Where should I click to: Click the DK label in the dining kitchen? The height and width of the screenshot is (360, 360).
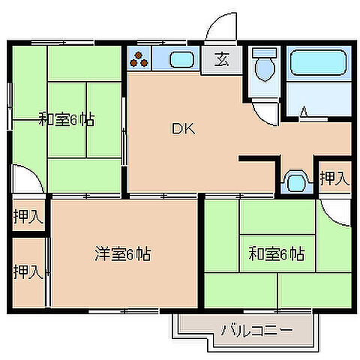pyautogui.click(x=184, y=129)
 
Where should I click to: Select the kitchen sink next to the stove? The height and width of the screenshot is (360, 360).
pyautogui.click(x=181, y=60)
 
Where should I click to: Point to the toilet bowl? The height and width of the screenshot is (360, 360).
pyautogui.click(x=263, y=70)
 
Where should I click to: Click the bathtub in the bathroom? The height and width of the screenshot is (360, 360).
pyautogui.click(x=319, y=63)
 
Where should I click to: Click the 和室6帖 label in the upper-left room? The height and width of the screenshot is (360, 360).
pyautogui.click(x=67, y=118)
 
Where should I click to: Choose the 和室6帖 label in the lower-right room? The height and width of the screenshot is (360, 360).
pyautogui.click(x=277, y=253)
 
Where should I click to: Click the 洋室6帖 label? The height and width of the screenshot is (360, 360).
pyautogui.click(x=123, y=253)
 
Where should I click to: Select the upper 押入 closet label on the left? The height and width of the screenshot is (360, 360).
pyautogui.click(x=27, y=217)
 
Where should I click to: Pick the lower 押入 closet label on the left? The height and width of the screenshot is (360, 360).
pyautogui.click(x=27, y=271)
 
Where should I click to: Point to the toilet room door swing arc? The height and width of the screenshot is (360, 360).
pyautogui.click(x=264, y=112)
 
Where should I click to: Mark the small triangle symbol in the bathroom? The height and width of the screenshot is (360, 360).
pyautogui.click(x=304, y=112)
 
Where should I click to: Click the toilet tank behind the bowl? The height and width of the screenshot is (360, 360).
pyautogui.click(x=262, y=54)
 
